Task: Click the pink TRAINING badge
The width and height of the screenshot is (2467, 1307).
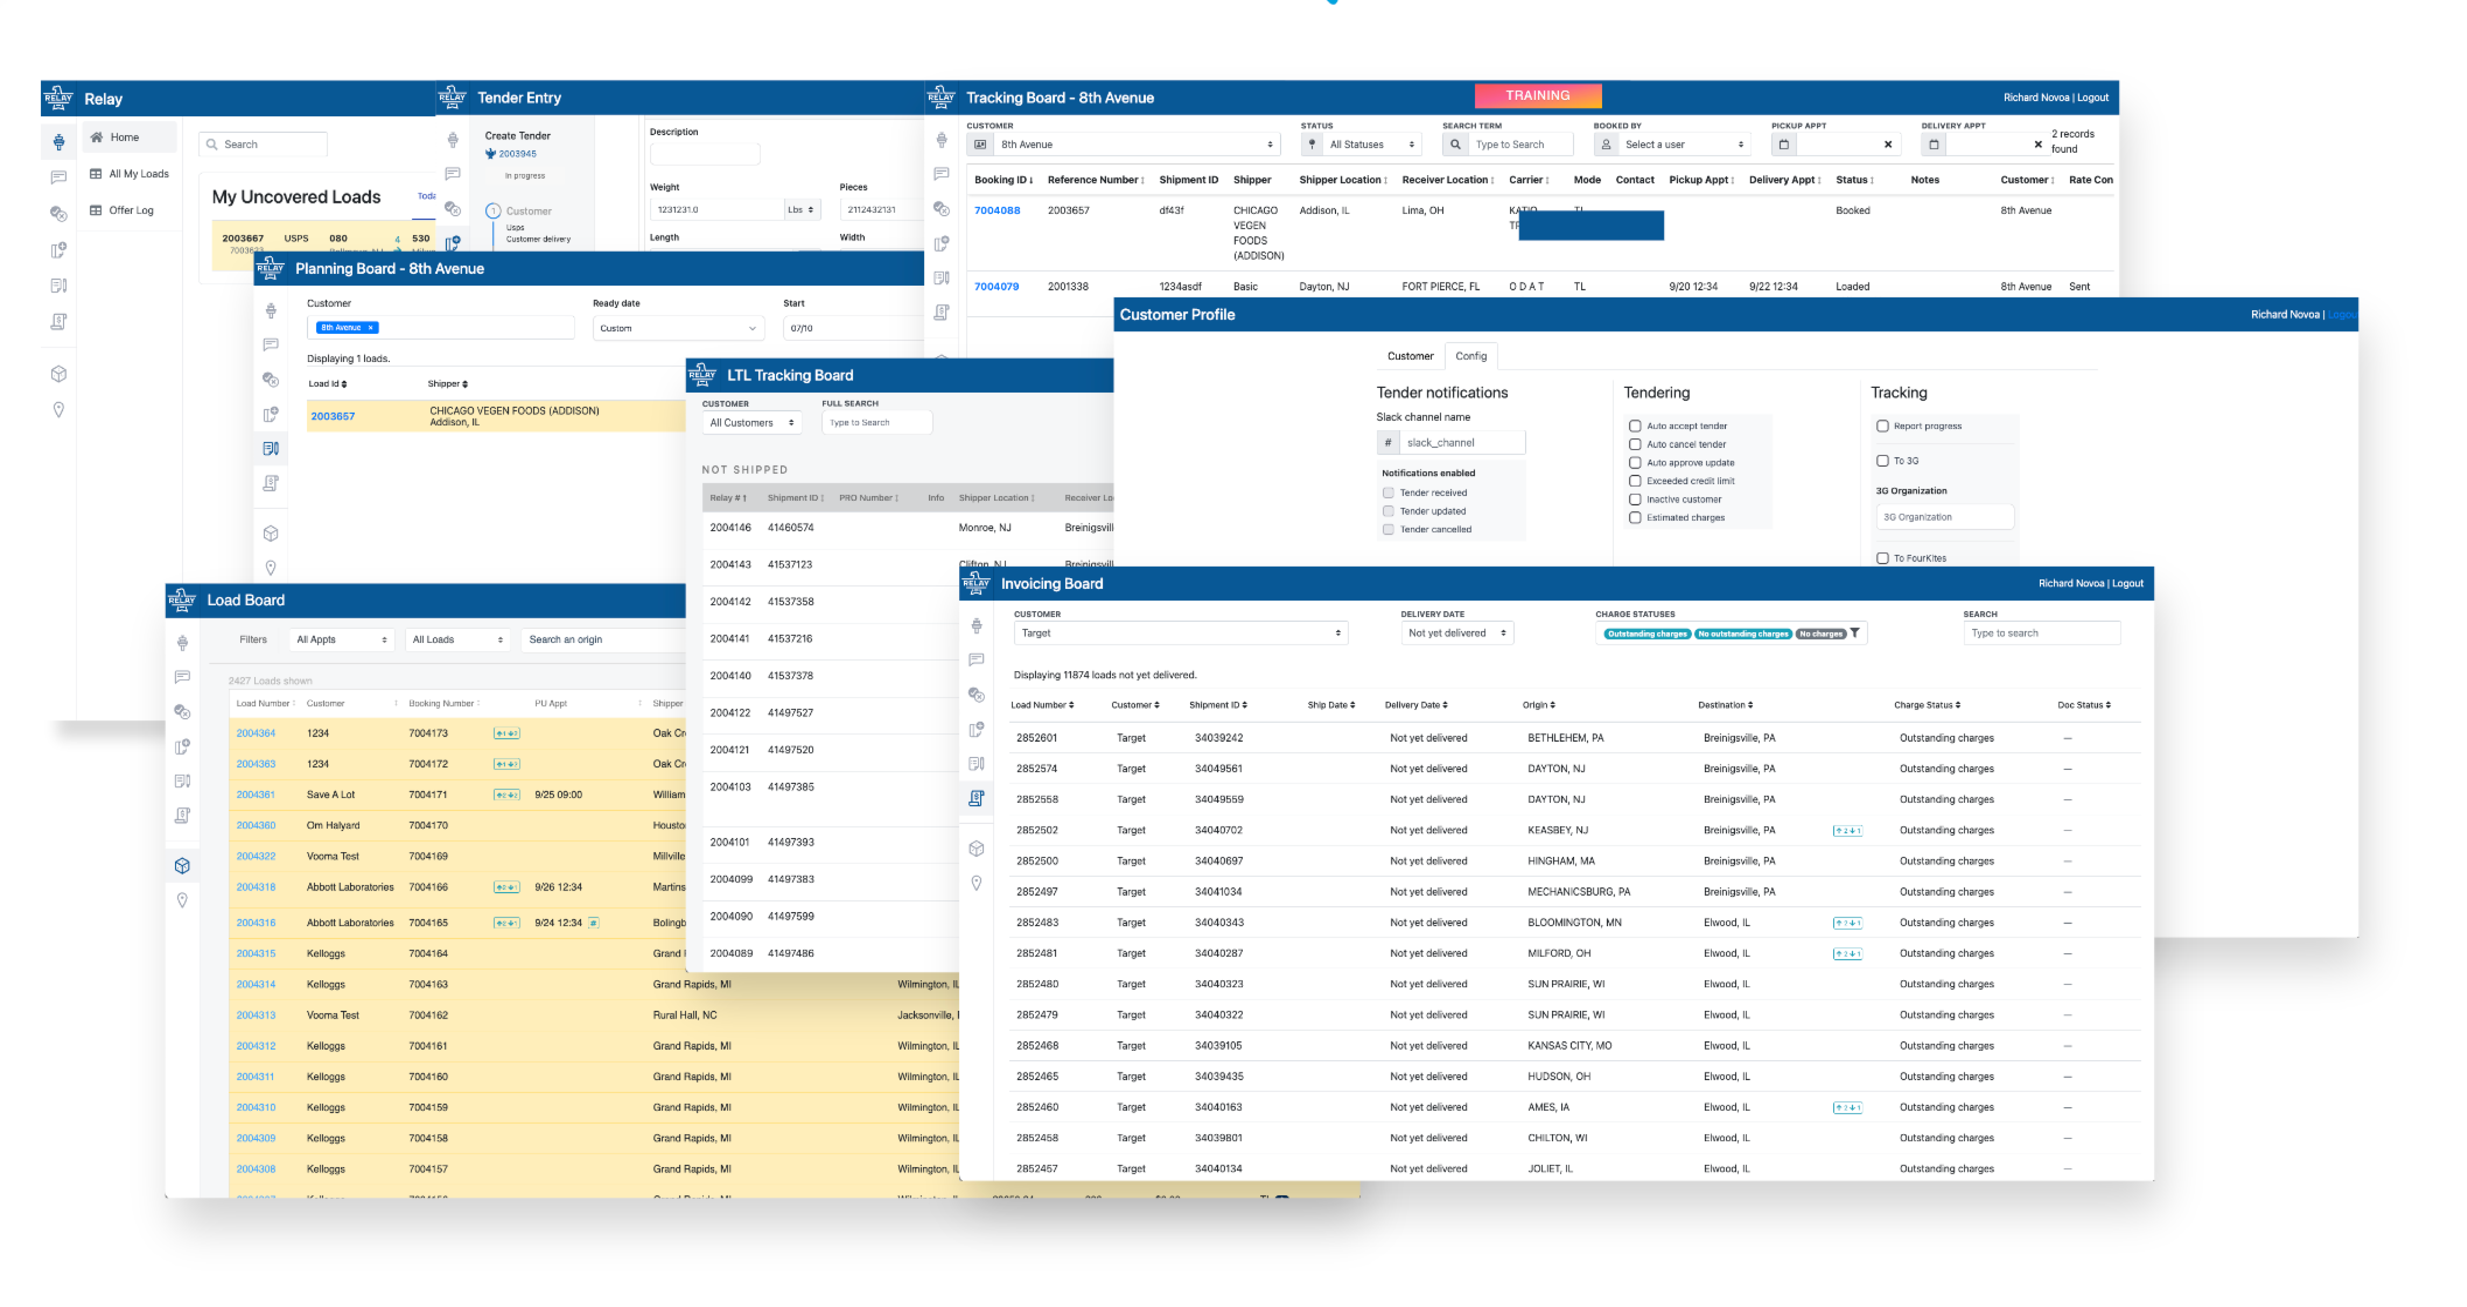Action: coord(1537,96)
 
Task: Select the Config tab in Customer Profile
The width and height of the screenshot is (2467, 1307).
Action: coord(1470,356)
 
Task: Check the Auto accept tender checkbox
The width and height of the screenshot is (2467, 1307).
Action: coord(1635,426)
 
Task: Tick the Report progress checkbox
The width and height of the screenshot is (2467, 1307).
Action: coord(1882,426)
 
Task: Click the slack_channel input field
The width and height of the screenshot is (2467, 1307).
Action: coord(1461,442)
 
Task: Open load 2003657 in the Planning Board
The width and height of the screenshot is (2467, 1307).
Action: coord(332,417)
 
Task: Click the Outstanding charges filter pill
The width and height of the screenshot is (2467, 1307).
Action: coord(1646,634)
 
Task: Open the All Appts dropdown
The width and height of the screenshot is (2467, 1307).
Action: coord(341,640)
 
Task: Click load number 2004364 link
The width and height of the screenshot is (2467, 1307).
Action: coord(256,734)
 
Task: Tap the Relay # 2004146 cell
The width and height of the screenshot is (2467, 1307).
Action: coord(730,528)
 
